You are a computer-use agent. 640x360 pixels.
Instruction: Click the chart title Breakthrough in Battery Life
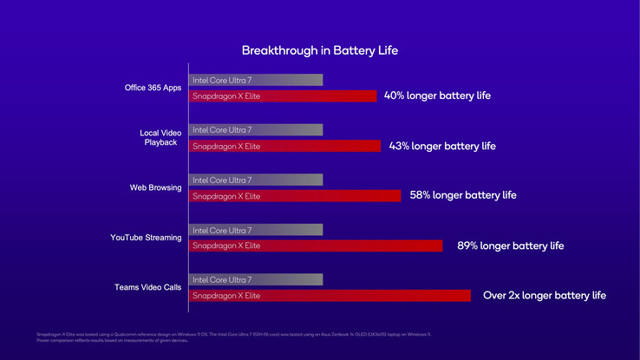click(319, 50)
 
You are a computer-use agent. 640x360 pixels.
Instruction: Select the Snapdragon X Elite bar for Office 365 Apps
click(283, 95)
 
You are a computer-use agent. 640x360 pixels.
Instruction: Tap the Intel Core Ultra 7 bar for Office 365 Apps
click(256, 80)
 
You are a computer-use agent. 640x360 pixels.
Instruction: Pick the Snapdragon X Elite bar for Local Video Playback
click(284, 146)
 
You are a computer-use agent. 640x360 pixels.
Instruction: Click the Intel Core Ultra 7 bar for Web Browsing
click(256, 180)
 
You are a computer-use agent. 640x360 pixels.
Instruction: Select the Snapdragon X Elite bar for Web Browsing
click(295, 196)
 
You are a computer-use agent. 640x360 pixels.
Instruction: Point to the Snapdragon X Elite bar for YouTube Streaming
click(316, 245)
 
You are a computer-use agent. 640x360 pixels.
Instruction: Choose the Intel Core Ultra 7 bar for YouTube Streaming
click(256, 230)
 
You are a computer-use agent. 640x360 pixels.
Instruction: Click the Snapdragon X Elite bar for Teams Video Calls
click(330, 296)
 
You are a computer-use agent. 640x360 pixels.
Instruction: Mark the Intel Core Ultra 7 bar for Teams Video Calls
click(256, 279)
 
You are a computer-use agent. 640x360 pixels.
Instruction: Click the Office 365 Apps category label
click(153, 87)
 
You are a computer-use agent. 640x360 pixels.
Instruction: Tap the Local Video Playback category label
click(159, 137)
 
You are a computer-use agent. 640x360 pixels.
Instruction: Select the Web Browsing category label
click(155, 187)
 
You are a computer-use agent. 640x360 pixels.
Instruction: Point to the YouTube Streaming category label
click(146, 237)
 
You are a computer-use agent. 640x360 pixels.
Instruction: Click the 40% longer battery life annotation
click(437, 95)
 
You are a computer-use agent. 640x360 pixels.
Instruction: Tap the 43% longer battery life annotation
click(442, 146)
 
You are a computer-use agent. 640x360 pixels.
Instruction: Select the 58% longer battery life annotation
click(463, 195)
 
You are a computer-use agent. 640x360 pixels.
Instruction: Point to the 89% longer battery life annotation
click(510, 245)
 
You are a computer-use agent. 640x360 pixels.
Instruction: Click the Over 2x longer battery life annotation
click(544, 295)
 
